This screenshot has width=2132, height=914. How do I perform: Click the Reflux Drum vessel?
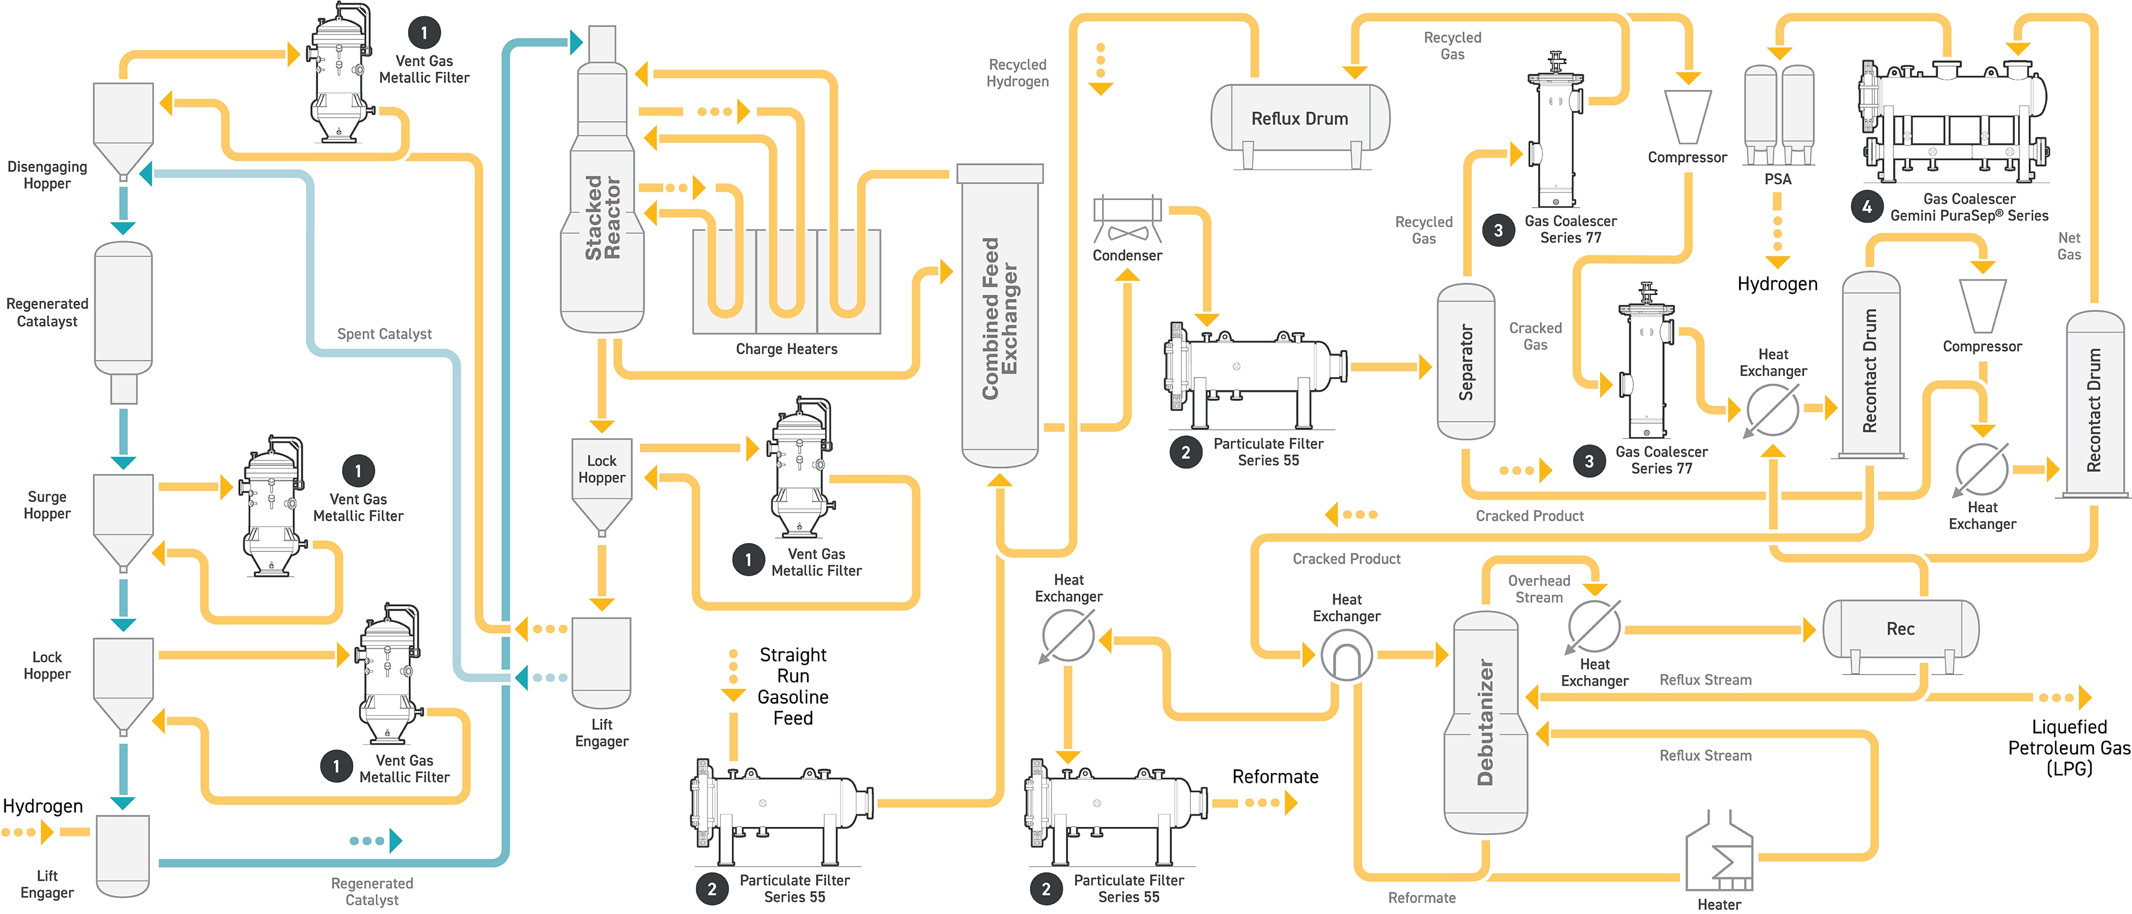(1299, 118)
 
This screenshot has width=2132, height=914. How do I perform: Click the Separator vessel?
(1466, 362)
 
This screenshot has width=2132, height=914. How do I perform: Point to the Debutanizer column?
(1486, 722)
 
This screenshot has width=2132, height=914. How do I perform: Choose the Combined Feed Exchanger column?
(1000, 319)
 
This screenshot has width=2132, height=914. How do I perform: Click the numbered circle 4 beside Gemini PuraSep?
(1866, 207)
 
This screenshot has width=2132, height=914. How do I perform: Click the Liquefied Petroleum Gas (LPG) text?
(2069, 747)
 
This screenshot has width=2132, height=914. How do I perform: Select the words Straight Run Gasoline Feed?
(793, 686)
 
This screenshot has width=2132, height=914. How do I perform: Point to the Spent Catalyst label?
(384, 334)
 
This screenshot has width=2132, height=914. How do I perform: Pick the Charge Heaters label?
(786, 349)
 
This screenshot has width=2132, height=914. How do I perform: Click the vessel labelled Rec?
(1900, 629)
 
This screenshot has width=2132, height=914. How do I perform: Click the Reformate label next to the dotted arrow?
(1275, 777)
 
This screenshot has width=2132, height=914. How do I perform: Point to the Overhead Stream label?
(1538, 589)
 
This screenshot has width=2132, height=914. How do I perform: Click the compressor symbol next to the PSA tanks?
(1688, 117)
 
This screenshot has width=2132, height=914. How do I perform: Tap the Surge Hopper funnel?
(123, 518)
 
